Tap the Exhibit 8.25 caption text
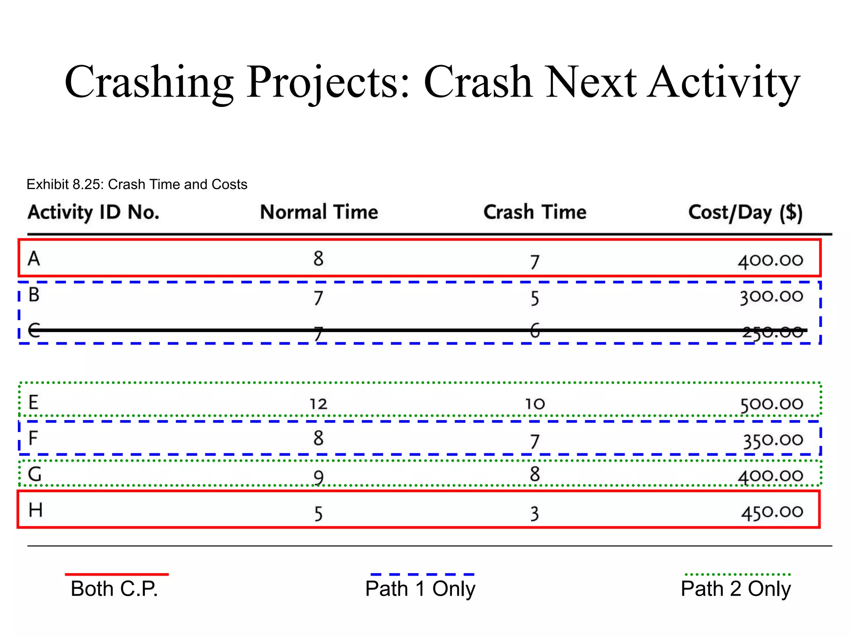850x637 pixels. coord(137,184)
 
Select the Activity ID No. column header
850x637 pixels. coord(93,212)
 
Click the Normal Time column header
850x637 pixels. coord(319,212)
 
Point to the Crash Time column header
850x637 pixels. coord(535,212)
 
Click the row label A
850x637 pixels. coord(34,259)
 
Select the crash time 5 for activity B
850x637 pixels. coord(535,298)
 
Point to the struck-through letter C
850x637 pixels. coord(34,331)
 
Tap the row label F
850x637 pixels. coord(33,438)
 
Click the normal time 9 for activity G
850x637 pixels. coord(318,477)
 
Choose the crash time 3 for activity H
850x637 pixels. coord(535,514)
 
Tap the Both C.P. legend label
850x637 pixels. coord(115,589)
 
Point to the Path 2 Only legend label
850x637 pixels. coord(735,589)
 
